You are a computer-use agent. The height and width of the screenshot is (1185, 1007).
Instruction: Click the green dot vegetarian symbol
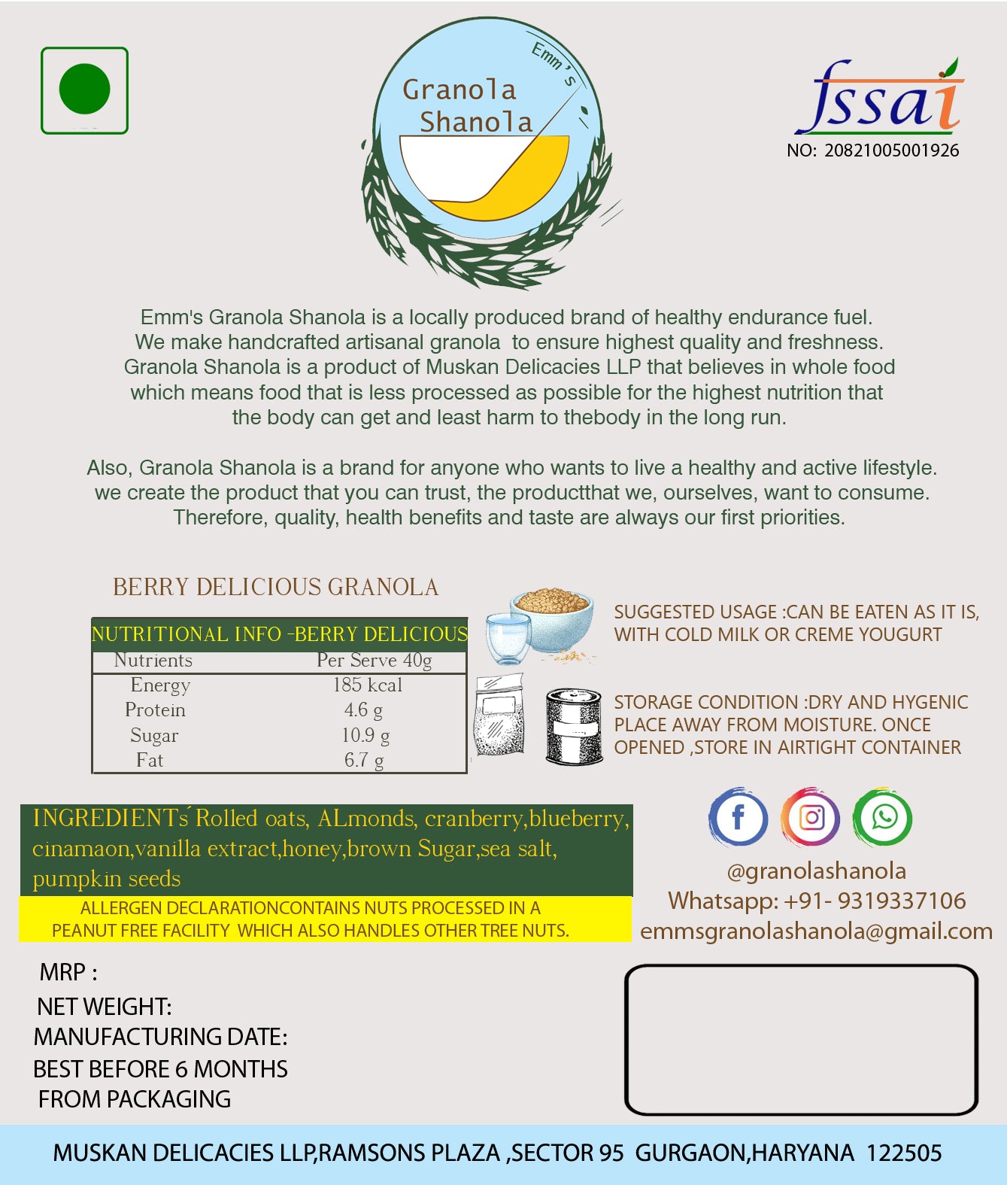(84, 90)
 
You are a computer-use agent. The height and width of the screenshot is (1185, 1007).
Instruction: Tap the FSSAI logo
(878, 99)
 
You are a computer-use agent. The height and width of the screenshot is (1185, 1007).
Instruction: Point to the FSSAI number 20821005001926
(891, 150)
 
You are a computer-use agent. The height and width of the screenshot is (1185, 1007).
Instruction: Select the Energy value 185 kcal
(367, 685)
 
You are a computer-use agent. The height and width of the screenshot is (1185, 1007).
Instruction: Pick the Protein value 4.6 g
(363, 710)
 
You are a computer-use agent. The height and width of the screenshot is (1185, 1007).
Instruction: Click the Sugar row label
(154, 736)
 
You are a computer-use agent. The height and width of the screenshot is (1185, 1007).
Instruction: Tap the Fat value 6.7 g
(364, 761)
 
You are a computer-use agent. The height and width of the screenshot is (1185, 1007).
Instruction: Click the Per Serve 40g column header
(374, 661)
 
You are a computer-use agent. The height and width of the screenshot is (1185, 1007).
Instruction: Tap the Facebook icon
(738, 817)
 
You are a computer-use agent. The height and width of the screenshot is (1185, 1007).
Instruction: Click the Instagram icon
(811, 817)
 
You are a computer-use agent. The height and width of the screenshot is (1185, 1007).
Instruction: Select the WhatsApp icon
(883, 817)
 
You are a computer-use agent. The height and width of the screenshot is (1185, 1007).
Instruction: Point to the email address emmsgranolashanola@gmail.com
(816, 931)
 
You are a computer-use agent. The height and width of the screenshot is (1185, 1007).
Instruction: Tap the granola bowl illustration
(551, 618)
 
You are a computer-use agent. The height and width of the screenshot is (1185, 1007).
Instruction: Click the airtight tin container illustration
(574, 726)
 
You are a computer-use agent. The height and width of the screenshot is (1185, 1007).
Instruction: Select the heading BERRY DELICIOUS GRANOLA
(275, 588)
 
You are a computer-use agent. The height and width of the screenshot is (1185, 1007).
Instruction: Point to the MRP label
(68, 973)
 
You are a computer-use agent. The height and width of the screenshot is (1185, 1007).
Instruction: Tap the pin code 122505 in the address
(904, 1153)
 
